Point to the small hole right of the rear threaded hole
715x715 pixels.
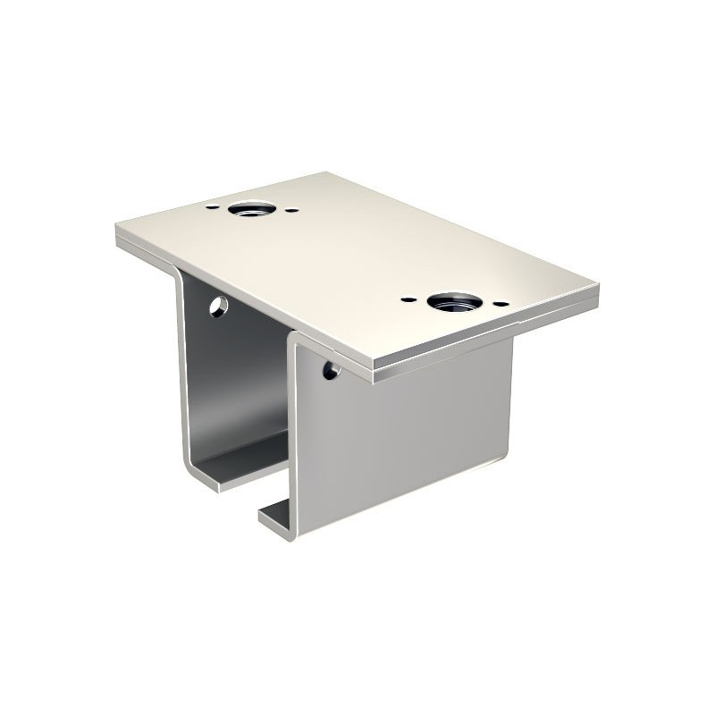click(x=293, y=211)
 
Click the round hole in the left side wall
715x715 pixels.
click(x=218, y=307)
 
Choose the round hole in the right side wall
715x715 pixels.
click(x=332, y=368)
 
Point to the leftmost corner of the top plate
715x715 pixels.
click(x=118, y=234)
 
